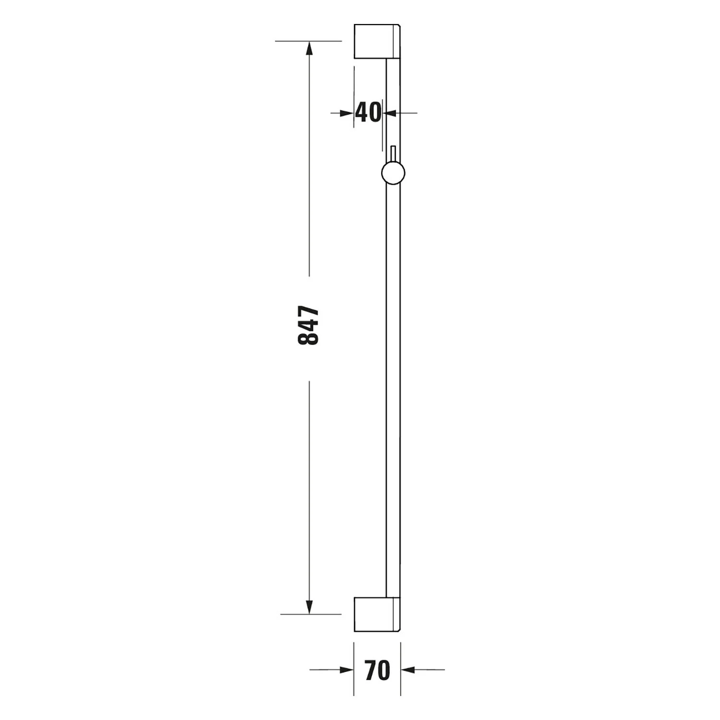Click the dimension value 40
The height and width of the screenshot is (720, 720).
pyautogui.click(x=368, y=113)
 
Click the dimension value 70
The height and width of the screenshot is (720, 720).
pyautogui.click(x=377, y=670)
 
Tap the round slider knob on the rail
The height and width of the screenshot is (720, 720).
pyautogui.click(x=393, y=173)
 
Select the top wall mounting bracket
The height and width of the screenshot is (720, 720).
pyautogui.click(x=377, y=41)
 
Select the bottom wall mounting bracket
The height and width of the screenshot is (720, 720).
pyautogui.click(x=377, y=615)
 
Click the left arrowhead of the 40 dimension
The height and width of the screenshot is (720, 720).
pyautogui.click(x=347, y=113)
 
